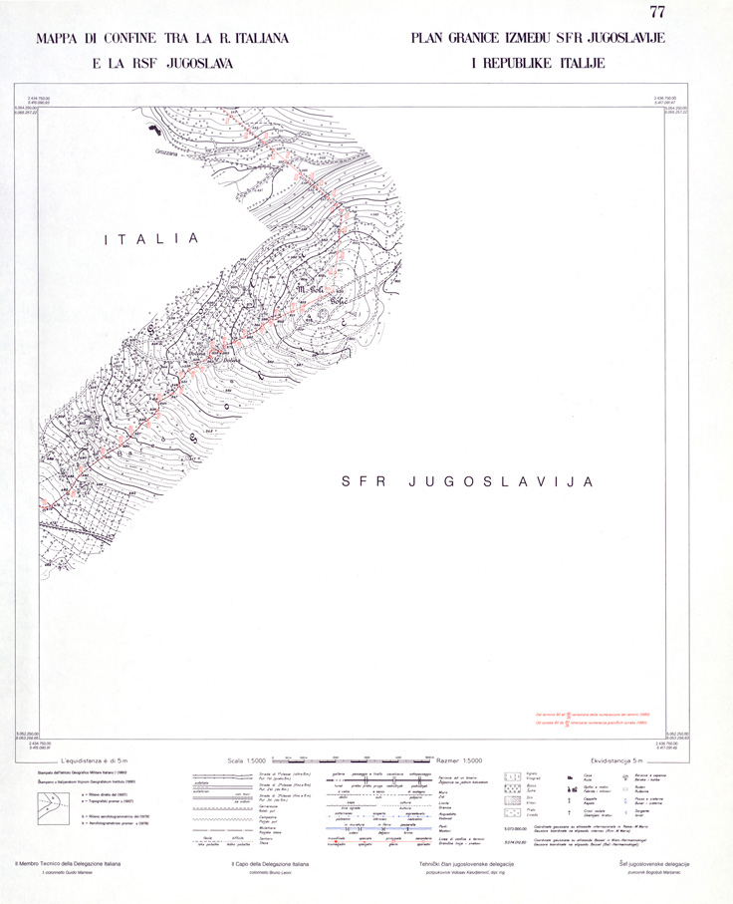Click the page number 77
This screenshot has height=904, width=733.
pos(656,13)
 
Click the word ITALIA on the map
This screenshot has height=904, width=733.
pos(153,239)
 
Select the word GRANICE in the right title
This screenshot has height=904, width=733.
pos(479,40)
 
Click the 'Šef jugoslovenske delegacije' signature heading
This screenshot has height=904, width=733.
pos(653,862)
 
